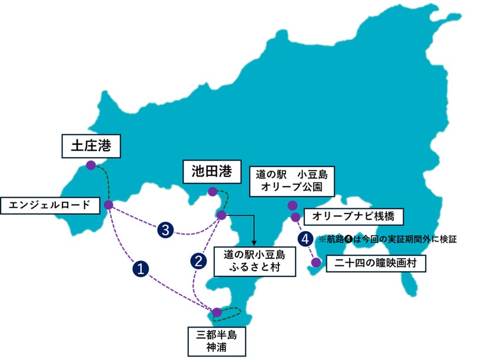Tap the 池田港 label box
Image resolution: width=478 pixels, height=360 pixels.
coord(212,172)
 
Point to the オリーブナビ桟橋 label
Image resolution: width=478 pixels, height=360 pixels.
coord(353,216)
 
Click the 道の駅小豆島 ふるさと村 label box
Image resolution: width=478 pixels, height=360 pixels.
coord(254,261)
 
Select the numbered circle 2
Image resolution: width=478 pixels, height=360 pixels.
coord(198,261)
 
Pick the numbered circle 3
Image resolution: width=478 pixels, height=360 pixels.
coord(167,231)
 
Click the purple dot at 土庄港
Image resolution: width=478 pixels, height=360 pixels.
coord(91,165)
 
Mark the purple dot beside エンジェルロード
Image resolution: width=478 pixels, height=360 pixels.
coord(108,205)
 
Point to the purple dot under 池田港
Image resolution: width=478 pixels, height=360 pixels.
coord(211,191)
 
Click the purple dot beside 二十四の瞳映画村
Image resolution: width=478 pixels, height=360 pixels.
coord(316,262)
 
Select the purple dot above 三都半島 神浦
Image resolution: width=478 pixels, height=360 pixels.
coord(217,312)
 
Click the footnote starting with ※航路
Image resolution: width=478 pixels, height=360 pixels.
coord(387,239)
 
